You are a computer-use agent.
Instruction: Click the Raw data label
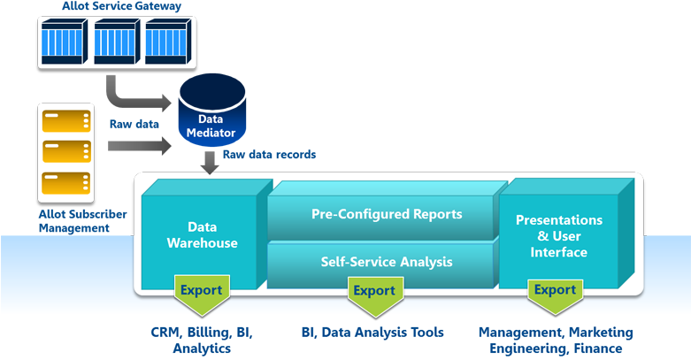point(134,123)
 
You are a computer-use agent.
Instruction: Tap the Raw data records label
point(269,155)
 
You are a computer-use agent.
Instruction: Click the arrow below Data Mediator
point(210,163)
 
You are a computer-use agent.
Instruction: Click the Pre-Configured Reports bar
point(386,215)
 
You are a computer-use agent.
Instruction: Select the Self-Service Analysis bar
point(386,262)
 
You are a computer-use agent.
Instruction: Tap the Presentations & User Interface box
point(558,236)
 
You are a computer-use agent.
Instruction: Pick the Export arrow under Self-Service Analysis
point(373,293)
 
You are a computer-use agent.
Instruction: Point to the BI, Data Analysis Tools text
point(372,333)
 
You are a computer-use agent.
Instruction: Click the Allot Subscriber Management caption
point(82,221)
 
